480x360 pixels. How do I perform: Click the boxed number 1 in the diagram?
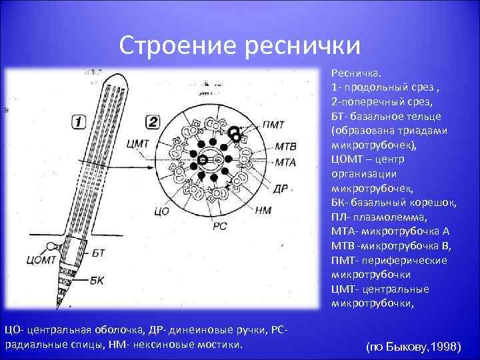(x=78, y=121)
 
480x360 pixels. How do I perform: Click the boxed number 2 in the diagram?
(x=152, y=121)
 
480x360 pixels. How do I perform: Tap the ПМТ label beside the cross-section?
(x=273, y=123)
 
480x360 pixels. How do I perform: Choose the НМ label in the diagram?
(x=263, y=211)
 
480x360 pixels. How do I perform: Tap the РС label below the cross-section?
(x=221, y=226)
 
